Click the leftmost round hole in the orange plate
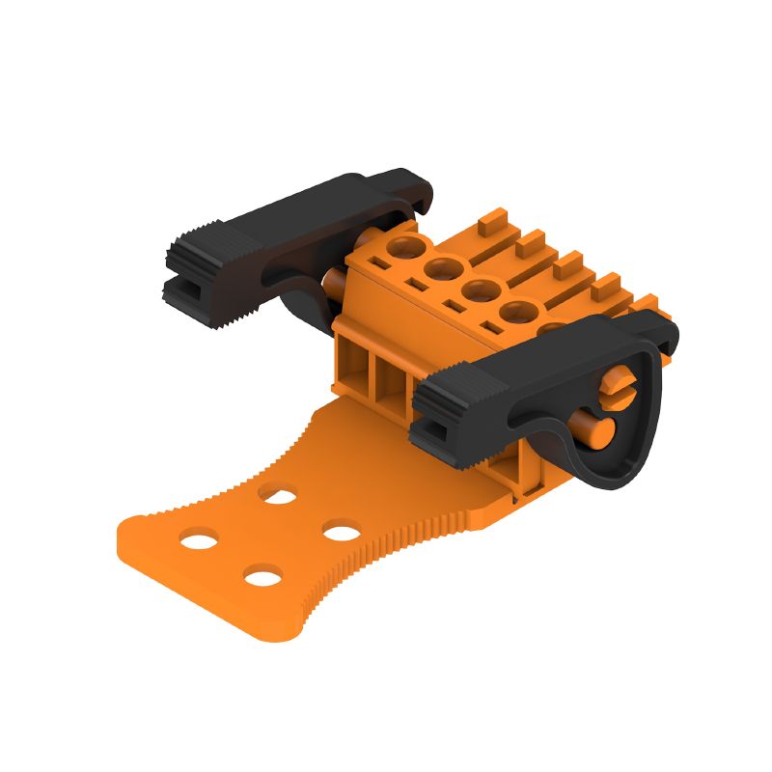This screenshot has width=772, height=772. pos(199,538)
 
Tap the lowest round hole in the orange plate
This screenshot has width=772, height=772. pos(262,578)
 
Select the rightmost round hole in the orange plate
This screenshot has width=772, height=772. pos(341,531)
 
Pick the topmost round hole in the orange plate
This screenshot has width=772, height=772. pos(279,495)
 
